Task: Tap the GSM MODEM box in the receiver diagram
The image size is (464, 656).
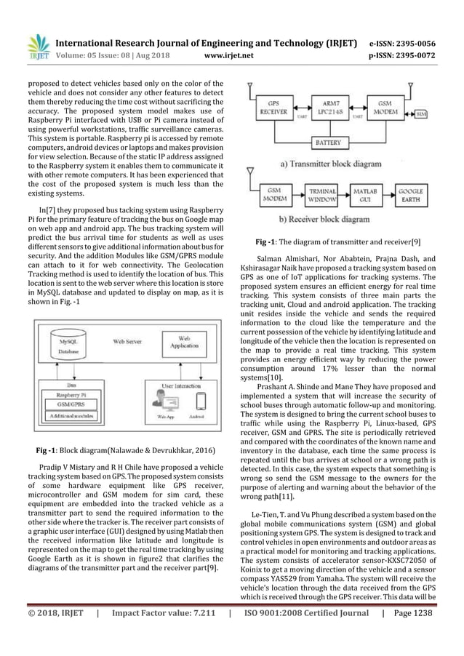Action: click(273, 194)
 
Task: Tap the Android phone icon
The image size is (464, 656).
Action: click(202, 401)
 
